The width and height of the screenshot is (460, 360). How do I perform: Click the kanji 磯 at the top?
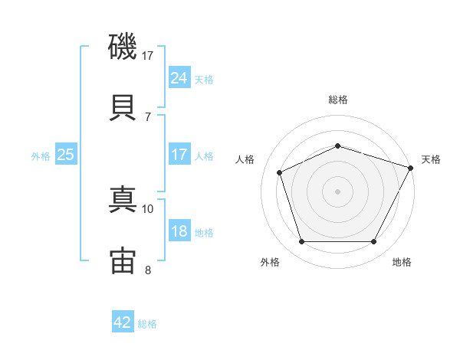[123, 46]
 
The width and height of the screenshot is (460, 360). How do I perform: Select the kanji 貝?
[123, 107]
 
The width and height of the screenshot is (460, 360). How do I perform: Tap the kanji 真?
[123, 199]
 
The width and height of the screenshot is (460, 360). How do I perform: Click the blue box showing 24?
[179, 77]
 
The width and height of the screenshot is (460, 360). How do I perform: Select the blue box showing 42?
[123, 321]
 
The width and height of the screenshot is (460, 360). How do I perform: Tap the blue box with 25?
[66, 154]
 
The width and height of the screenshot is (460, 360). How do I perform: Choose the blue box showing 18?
[179, 230]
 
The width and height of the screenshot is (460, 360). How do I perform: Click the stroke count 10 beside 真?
[147, 209]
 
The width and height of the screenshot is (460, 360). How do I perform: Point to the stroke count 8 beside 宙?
[148, 270]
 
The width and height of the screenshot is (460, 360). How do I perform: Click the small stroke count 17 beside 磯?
[147, 56]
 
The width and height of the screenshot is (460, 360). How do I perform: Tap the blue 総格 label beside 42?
[147, 324]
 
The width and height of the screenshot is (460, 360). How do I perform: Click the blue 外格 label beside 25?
[41, 156]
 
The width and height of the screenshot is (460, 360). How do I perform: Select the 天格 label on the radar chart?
[431, 159]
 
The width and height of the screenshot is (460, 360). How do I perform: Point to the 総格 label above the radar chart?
[338, 100]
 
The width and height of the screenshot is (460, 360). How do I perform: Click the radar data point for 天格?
[410, 168]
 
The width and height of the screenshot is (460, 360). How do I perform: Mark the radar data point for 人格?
[280, 172]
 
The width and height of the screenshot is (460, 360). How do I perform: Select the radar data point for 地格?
[373, 241]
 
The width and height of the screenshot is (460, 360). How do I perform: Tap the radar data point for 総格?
[337, 146]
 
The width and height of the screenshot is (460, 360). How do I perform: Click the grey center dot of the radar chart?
[337, 191]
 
